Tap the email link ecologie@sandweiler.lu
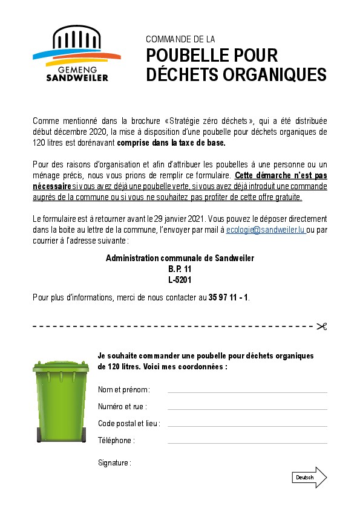pyautogui.click(x=266, y=230)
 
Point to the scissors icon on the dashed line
pyautogui.click(x=321, y=326)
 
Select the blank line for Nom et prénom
pyautogui.click(x=247, y=392)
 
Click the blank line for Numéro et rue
pyautogui.click(x=247, y=409)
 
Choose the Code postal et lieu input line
pyautogui.click(x=247, y=426)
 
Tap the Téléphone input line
pyautogui.click(x=247, y=443)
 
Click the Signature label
pyautogui.click(x=114, y=463)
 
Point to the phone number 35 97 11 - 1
pyautogui.click(x=229, y=297)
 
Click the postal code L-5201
pyautogui.click(x=180, y=280)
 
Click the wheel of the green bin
pyautogui.click(x=41, y=434)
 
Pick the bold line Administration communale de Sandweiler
pyautogui.click(x=180, y=258)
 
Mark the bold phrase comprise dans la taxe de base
pyautogui.click(x=171, y=143)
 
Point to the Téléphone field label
pyautogui.click(x=116, y=441)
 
